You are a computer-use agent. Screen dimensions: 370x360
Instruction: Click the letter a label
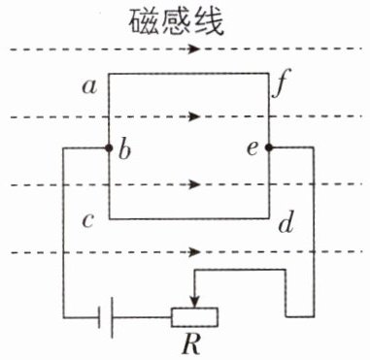[x=89, y=87]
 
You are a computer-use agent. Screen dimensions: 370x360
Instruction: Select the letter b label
[x=124, y=149]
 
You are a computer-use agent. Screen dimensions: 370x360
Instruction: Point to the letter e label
[x=252, y=148]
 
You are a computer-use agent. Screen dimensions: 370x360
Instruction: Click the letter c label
[x=88, y=221]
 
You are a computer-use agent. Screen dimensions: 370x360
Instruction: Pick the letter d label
[x=286, y=223]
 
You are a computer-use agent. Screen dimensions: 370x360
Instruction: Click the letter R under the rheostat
[x=191, y=345]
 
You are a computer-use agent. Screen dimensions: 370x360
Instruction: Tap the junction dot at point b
[x=109, y=148]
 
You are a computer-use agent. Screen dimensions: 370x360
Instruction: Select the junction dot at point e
[x=269, y=147]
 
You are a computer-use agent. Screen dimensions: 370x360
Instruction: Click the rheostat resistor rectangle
[x=194, y=317]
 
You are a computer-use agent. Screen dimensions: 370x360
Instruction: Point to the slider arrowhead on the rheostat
[x=194, y=303]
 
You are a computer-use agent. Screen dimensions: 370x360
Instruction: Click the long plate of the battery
[x=112, y=317]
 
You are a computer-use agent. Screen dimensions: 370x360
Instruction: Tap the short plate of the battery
[x=99, y=317]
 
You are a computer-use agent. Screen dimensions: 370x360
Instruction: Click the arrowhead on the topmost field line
[x=194, y=49]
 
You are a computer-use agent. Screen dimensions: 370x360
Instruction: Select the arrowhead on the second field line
[x=194, y=116]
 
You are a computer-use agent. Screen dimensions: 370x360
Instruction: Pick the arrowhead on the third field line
[x=194, y=184]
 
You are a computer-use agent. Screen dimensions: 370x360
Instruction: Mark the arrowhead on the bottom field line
[x=194, y=252]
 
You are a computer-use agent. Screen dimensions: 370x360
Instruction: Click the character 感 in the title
[x=176, y=22]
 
